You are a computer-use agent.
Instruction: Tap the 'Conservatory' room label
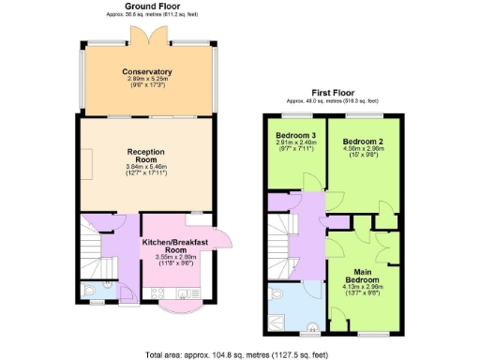146,72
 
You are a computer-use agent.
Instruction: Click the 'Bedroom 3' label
292,135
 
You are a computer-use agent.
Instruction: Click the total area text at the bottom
239,354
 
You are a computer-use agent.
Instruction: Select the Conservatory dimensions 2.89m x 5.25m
146,81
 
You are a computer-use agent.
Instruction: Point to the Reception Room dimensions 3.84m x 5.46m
146,168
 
